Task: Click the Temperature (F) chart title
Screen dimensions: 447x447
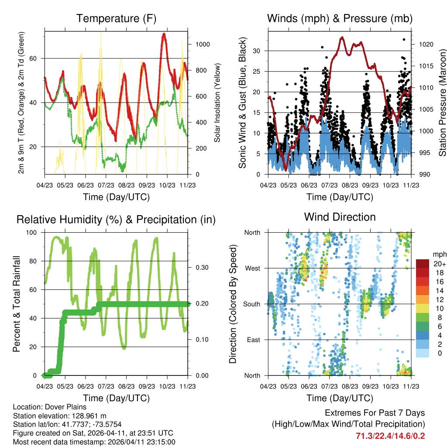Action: click(x=116, y=18)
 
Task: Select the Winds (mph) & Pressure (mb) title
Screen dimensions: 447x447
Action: click(x=340, y=18)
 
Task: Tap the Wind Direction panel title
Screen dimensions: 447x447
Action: click(x=340, y=217)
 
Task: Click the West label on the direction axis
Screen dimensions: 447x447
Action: click(x=252, y=268)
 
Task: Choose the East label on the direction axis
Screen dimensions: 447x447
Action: click(x=253, y=340)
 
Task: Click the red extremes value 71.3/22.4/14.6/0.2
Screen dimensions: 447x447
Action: click(x=390, y=436)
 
